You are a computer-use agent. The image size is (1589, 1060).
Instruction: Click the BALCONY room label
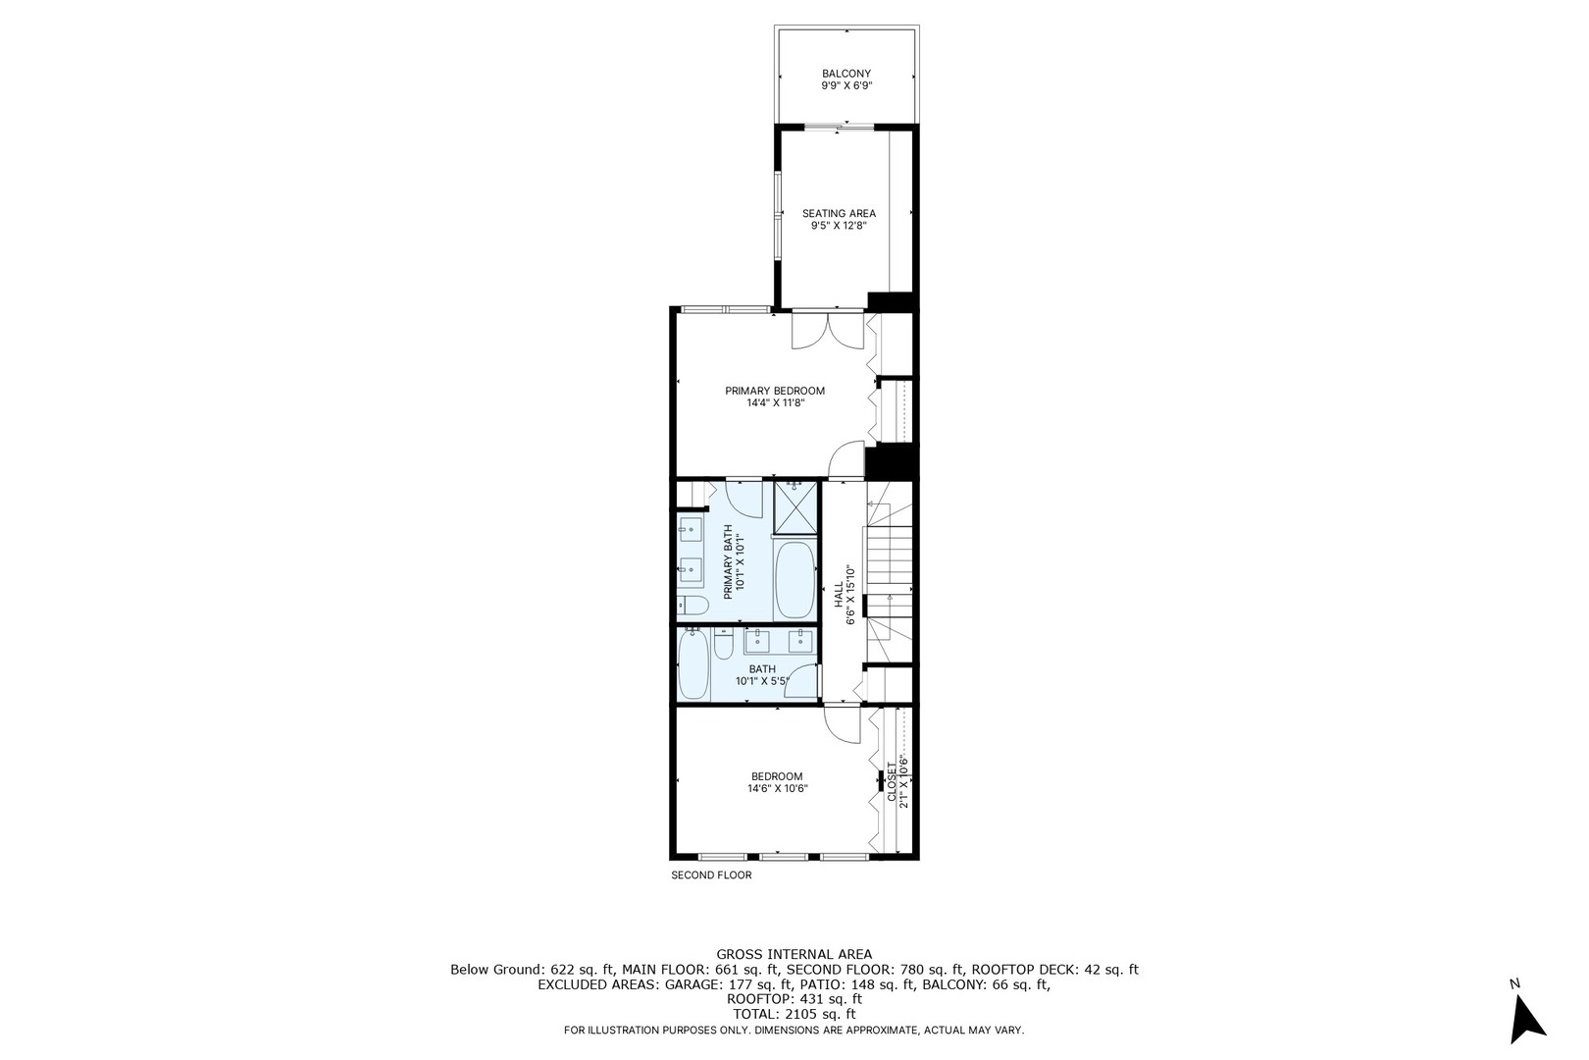(846, 74)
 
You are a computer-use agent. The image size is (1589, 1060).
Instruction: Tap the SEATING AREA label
(839, 213)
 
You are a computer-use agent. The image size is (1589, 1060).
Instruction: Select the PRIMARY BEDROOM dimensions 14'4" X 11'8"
(775, 402)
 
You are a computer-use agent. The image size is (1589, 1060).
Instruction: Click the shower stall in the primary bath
(794, 506)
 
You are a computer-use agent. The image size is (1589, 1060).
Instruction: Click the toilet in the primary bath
(691, 604)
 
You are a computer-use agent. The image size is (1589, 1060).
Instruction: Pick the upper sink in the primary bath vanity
(690, 531)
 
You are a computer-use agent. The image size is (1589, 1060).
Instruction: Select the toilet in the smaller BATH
(724, 647)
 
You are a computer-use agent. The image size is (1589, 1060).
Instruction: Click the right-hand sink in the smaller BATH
(801, 642)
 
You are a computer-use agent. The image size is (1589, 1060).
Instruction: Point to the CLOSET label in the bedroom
(892, 781)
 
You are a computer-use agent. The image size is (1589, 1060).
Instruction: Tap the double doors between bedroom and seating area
(830, 331)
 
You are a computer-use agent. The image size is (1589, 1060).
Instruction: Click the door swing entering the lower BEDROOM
(840, 724)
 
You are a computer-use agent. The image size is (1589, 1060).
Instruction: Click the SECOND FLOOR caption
(711, 874)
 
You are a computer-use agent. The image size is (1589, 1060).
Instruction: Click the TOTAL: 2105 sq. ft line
(794, 1014)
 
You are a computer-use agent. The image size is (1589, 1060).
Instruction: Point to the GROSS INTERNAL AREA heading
(794, 954)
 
